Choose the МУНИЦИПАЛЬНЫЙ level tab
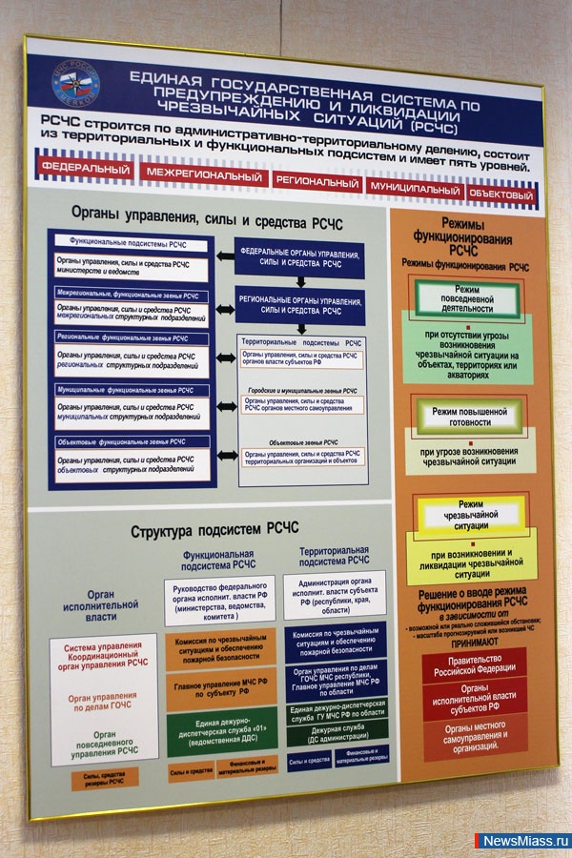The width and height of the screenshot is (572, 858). click(415, 189)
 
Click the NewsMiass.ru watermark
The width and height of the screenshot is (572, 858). click(522, 841)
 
